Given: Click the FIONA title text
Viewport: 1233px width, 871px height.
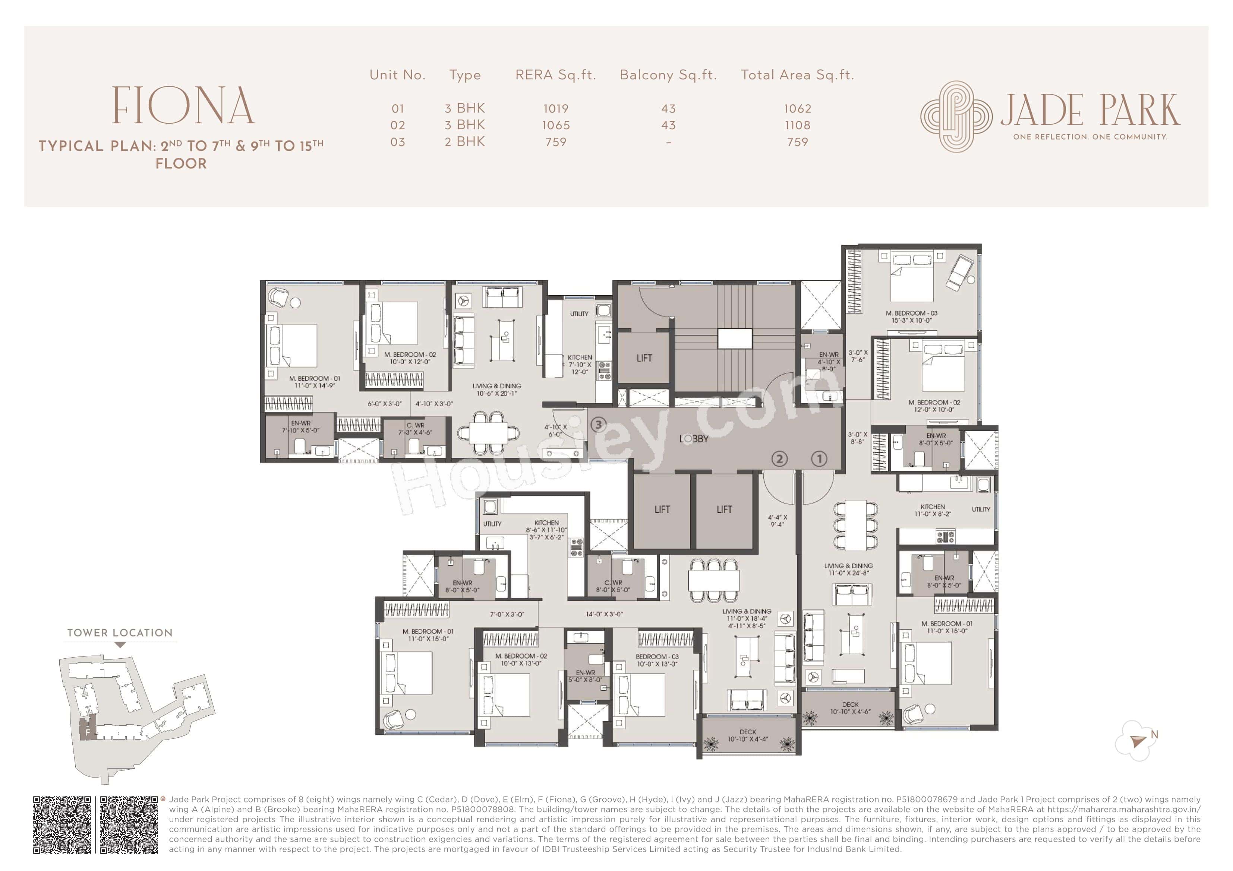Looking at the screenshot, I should [183, 106].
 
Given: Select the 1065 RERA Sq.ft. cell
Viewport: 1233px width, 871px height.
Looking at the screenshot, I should [556, 125].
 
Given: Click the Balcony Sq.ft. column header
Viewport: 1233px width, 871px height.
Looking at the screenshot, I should [668, 75].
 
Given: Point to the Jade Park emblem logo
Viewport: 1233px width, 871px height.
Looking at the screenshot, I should [956, 116].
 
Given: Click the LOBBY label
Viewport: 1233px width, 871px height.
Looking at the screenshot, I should [694, 439].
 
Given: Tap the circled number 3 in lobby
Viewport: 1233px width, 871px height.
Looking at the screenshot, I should [598, 425].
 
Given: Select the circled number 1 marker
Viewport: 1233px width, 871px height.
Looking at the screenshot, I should [819, 459].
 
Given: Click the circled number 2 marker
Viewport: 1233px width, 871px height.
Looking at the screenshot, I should [779, 459].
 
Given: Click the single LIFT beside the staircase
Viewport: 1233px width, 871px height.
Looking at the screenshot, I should [644, 358].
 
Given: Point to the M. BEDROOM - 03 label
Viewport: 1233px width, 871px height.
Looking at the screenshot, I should [911, 317].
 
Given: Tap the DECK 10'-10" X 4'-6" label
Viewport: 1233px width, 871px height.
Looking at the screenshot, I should [850, 708].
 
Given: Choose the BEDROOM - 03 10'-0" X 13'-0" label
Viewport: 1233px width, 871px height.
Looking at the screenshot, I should [657, 660].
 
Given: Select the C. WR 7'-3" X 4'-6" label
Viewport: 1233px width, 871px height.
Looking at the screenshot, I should [415, 429].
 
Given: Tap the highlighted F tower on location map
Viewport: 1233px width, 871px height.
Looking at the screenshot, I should [88, 730].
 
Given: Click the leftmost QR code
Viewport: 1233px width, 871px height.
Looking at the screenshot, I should [62, 825].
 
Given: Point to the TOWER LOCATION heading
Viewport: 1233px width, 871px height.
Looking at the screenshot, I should [120, 633].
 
